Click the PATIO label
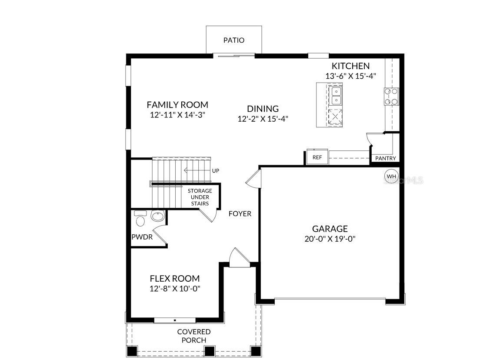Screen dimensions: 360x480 [x=234, y=40]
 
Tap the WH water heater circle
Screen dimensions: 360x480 [x=391, y=176]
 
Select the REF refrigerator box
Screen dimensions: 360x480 [x=317, y=157]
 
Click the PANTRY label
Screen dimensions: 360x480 [x=385, y=159]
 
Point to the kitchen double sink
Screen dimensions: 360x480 [x=335, y=96]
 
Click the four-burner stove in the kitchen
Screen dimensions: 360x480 [x=391, y=97]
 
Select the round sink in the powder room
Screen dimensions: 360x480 [x=157, y=216]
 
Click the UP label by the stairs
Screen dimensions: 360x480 [x=215, y=171]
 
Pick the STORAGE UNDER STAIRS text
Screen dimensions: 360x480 [x=200, y=197]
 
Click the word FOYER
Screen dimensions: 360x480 [x=240, y=214]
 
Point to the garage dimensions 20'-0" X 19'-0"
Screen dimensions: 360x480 [x=330, y=239]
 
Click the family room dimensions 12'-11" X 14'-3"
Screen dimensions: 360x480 [x=177, y=115]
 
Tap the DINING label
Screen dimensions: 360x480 [x=263, y=109]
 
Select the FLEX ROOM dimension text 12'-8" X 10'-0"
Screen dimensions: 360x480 [x=174, y=288]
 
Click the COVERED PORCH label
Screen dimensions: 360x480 [x=194, y=336]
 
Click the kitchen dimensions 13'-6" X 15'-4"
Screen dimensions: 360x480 [x=350, y=76]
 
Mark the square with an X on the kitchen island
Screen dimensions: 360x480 [x=335, y=117]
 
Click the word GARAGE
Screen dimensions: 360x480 [x=330, y=229]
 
